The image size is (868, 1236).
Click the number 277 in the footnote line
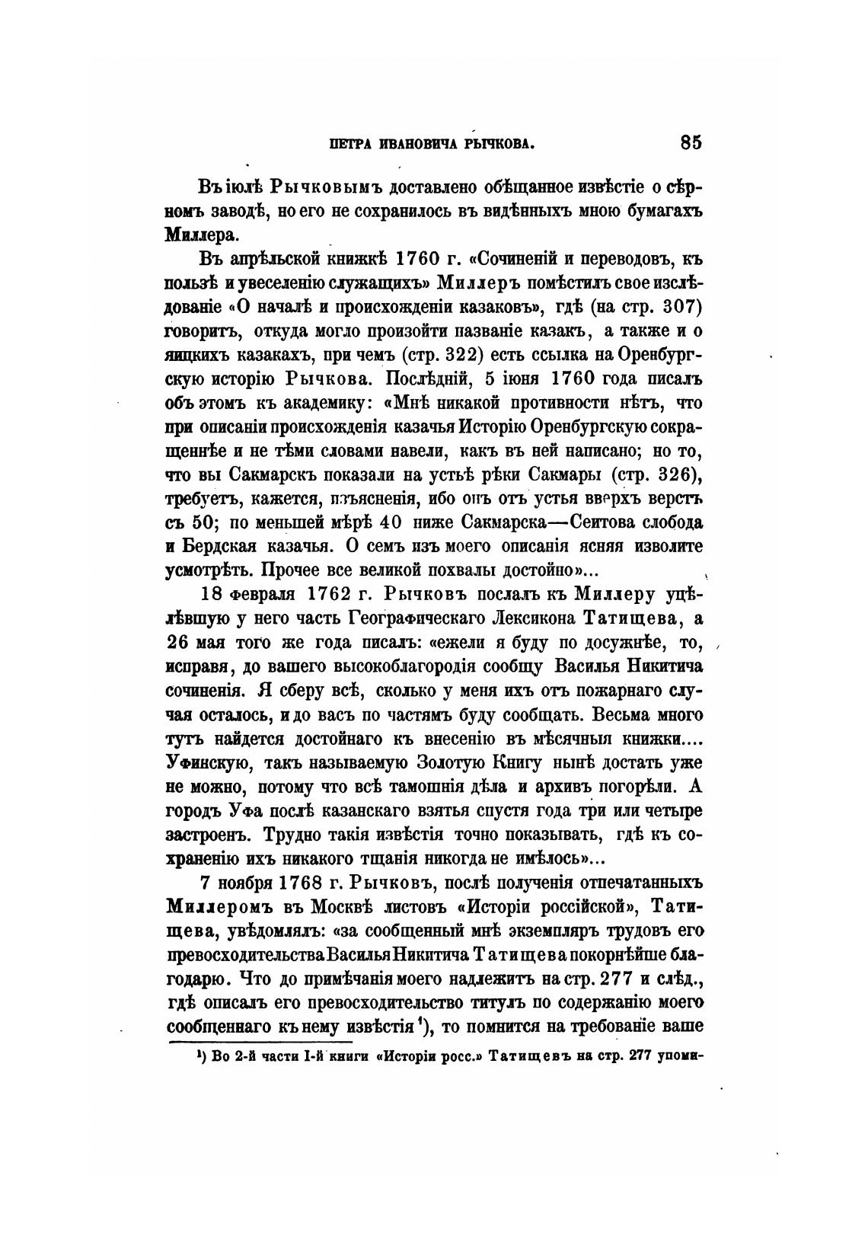pos(638,1059)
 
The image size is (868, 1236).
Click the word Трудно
pos(291,835)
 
